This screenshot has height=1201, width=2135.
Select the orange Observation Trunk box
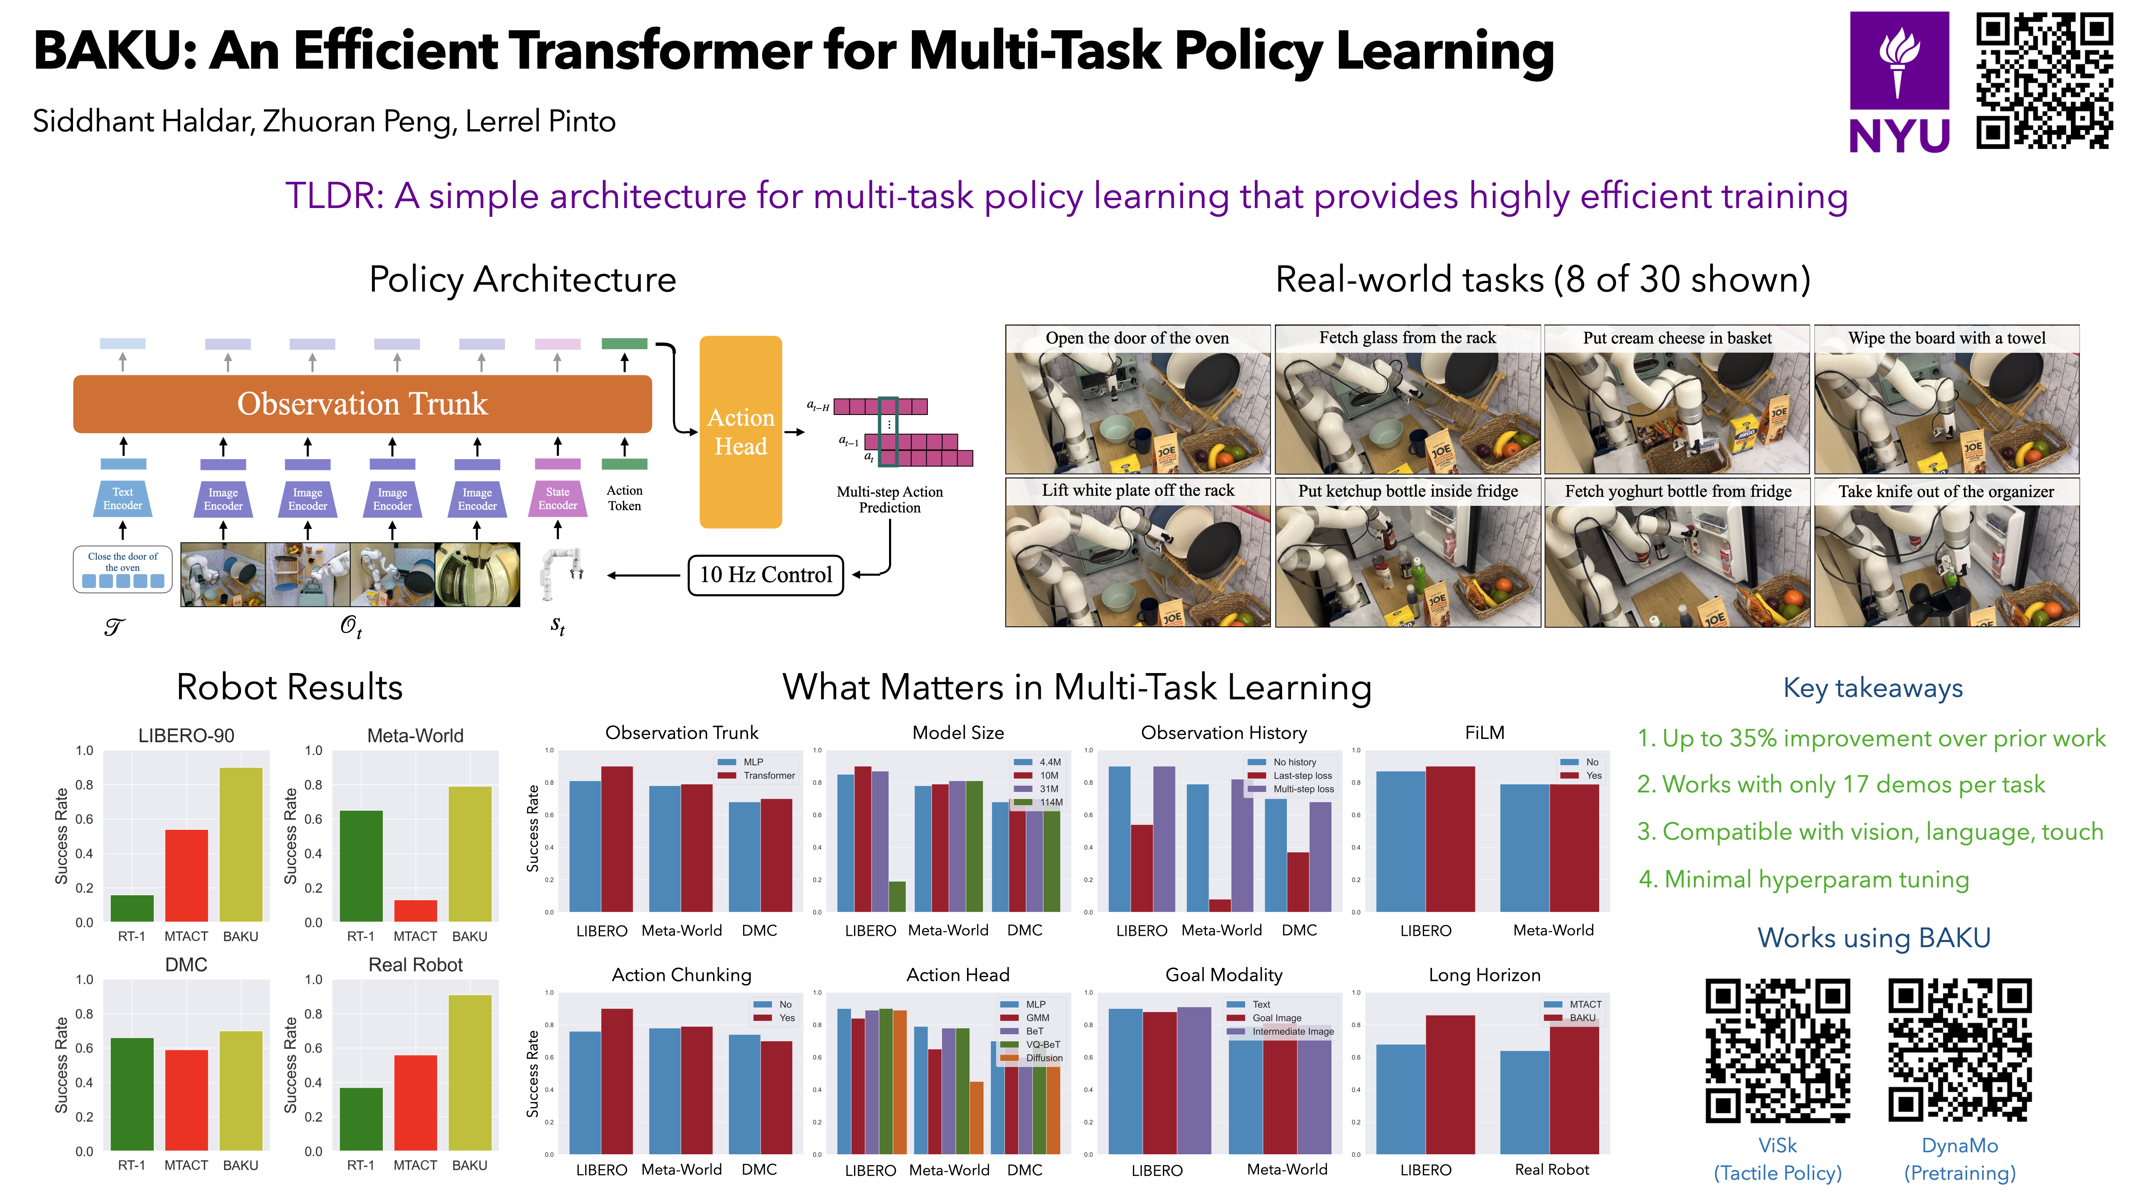pyautogui.click(x=362, y=404)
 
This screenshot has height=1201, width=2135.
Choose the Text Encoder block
pyautogui.click(x=123, y=499)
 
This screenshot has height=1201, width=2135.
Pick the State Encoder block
pyautogui.click(x=558, y=499)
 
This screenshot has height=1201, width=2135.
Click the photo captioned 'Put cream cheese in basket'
pyautogui.click(x=1677, y=400)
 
